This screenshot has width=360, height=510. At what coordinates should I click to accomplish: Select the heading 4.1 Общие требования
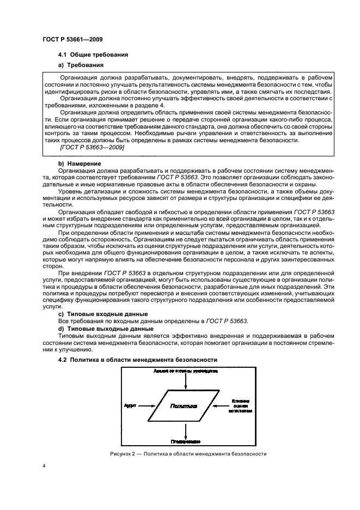tap(93, 56)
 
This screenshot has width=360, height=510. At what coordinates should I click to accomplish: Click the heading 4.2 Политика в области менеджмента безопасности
tap(138, 360)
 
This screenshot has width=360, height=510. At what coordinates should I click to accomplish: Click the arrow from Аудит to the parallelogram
tap(148, 406)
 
